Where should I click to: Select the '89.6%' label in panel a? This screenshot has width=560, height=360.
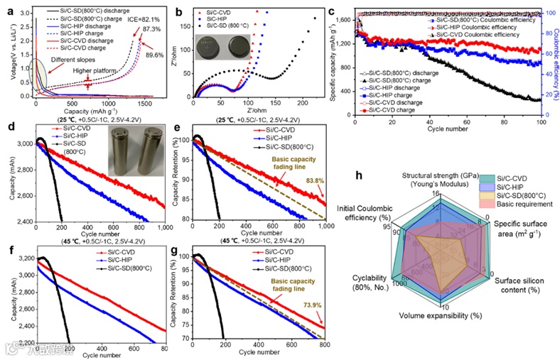point(165,55)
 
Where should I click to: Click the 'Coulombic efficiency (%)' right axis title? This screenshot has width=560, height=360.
point(554,54)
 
